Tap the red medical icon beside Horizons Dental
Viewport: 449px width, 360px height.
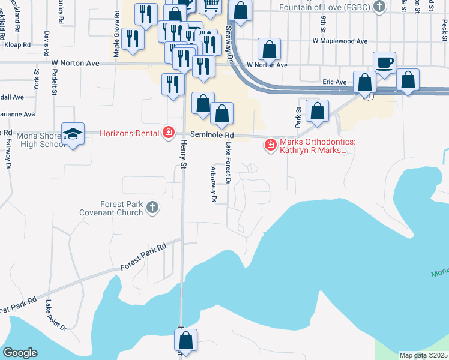(x=169, y=133)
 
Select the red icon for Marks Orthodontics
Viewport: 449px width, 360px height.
(x=270, y=145)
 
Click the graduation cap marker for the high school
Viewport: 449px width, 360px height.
(x=73, y=136)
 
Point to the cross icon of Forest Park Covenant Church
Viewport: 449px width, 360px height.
(x=152, y=208)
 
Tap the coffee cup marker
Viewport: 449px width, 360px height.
(x=384, y=62)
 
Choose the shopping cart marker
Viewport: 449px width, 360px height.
(x=211, y=6)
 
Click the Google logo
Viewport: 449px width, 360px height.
(x=20, y=353)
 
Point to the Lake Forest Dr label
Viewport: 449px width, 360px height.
(x=229, y=162)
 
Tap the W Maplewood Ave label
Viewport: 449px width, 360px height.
(x=339, y=41)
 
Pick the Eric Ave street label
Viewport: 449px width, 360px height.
(x=334, y=82)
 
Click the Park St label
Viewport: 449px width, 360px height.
(x=297, y=117)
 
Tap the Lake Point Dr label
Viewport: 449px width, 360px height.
(x=55, y=315)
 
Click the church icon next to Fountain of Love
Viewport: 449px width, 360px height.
(x=378, y=7)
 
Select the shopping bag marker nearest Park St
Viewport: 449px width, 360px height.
(x=317, y=111)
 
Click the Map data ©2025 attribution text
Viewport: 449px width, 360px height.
(x=423, y=355)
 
